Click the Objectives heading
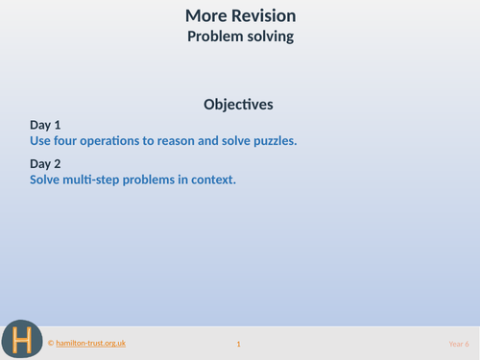pos(239,104)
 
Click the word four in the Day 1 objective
pos(71,140)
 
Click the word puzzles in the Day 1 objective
pos(274,140)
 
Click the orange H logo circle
pos(21,339)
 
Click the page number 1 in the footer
pos(238,344)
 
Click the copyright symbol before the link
pos(51,343)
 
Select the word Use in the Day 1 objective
pos(41,140)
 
